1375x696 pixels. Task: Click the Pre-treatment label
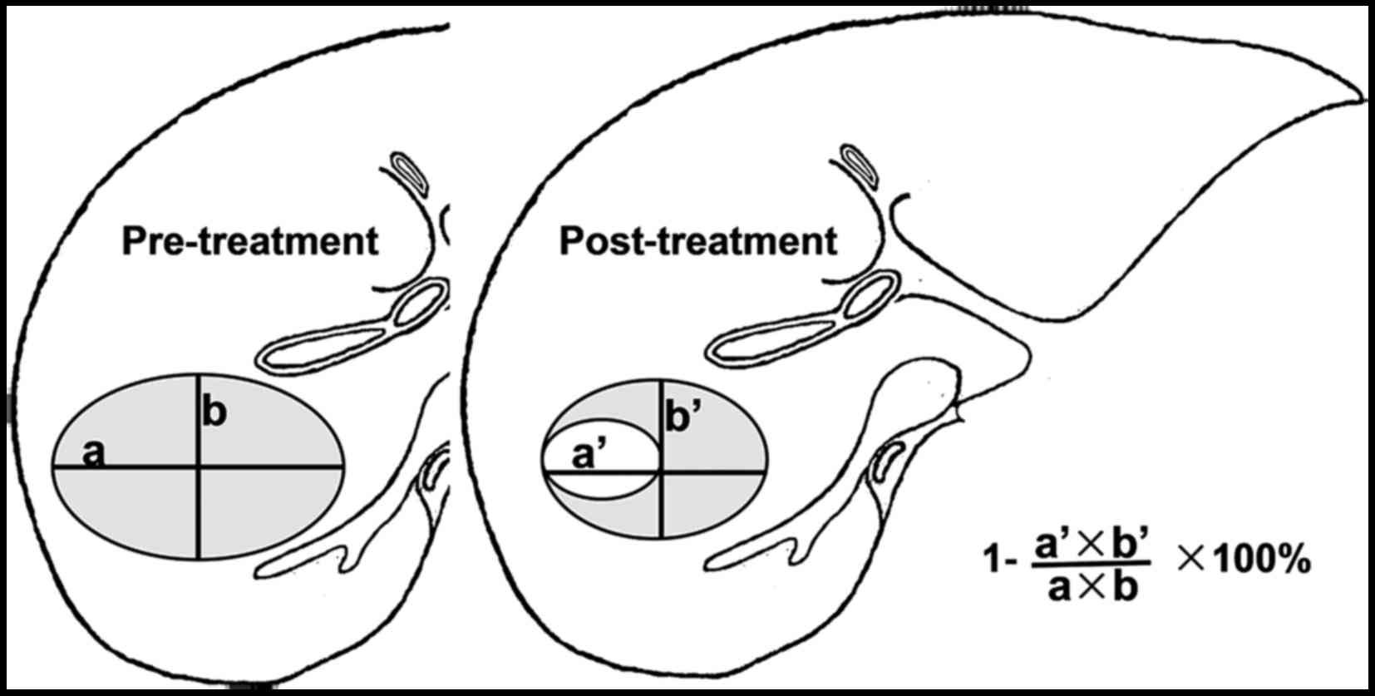(x=249, y=241)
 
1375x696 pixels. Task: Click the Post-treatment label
(x=697, y=241)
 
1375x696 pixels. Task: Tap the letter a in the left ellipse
(x=94, y=454)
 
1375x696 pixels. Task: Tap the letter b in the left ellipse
(x=214, y=413)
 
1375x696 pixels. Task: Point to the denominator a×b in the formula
(x=1092, y=587)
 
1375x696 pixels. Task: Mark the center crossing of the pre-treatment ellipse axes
(x=199, y=468)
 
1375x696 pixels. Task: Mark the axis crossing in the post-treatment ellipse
(x=661, y=472)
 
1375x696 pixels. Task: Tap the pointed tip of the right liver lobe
(x=1360, y=100)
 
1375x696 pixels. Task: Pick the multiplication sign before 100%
(x=1190, y=561)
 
